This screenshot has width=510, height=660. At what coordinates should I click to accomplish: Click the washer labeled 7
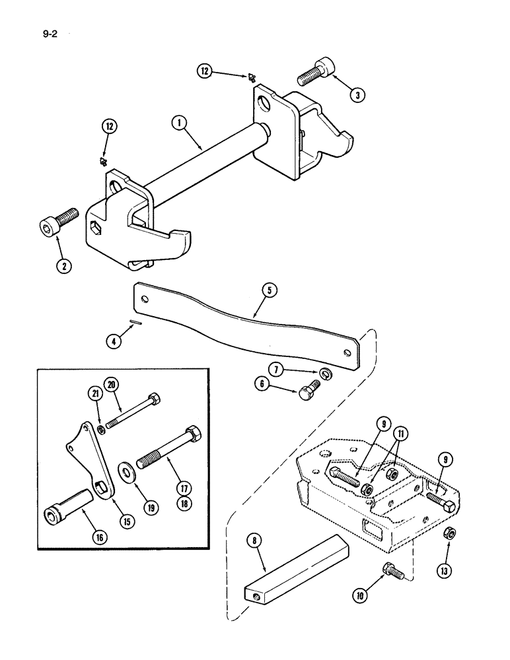(x=325, y=374)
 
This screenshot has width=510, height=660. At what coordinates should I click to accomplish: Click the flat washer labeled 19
(x=124, y=472)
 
